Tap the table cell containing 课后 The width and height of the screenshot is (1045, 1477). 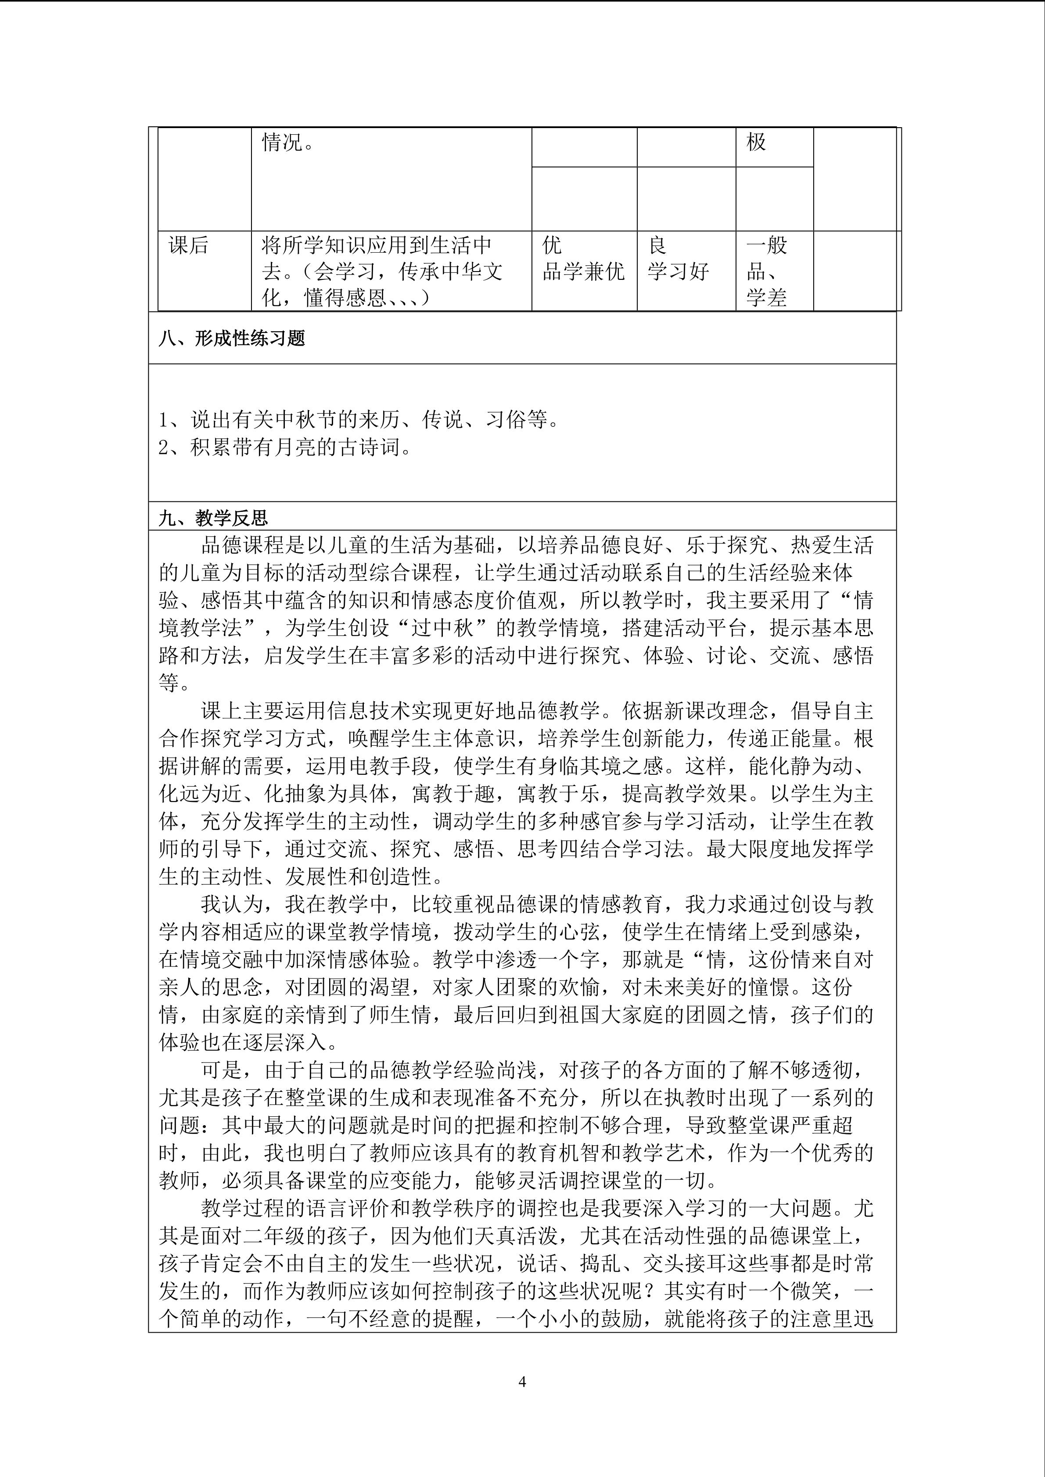(x=189, y=245)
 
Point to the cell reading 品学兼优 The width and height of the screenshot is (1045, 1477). (x=583, y=272)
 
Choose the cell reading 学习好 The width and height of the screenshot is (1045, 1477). (x=678, y=272)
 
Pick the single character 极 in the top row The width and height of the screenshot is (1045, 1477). (x=756, y=142)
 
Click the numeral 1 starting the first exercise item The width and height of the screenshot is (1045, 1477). (x=164, y=420)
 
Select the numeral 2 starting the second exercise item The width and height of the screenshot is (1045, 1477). (x=164, y=447)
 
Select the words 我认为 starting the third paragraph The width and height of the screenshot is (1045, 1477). (x=232, y=905)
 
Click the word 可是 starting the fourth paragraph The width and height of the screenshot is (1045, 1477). (x=222, y=1070)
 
